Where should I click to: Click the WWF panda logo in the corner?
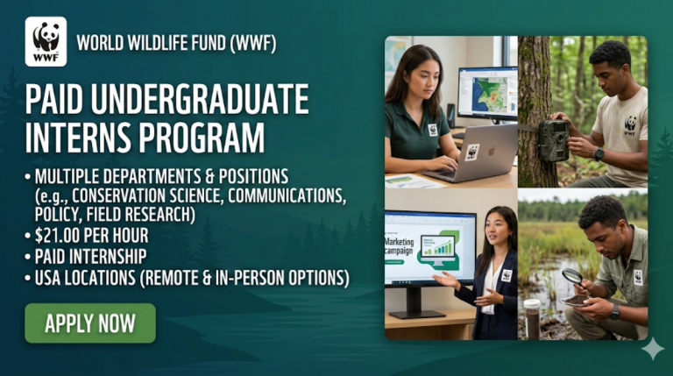(46, 41)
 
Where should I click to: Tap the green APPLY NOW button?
(90, 323)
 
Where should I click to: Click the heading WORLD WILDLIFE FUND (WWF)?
(176, 42)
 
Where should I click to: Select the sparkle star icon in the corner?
(651, 349)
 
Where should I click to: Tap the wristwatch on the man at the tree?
(599, 154)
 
